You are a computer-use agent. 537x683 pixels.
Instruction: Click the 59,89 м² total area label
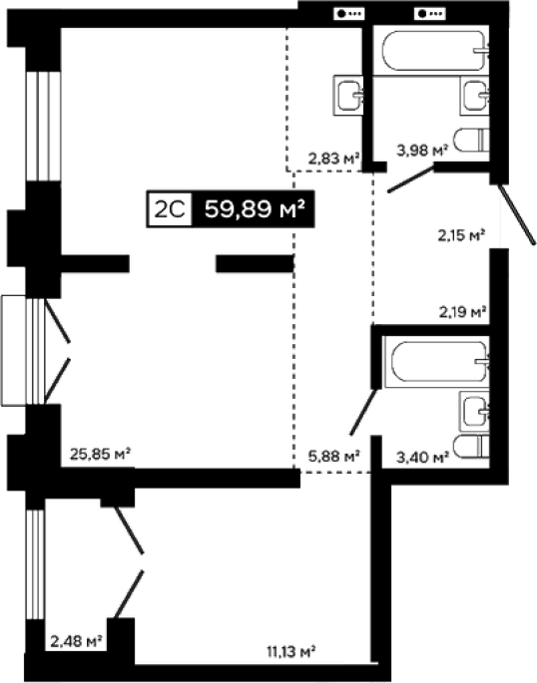(255, 209)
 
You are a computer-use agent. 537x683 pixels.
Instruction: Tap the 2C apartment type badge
(170, 209)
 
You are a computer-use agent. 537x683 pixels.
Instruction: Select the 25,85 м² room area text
(100, 455)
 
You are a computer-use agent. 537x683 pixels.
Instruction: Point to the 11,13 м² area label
(290, 652)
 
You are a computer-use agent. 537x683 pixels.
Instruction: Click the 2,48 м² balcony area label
(76, 641)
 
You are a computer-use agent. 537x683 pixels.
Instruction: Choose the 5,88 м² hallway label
(334, 457)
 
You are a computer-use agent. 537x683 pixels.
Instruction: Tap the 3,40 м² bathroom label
(422, 458)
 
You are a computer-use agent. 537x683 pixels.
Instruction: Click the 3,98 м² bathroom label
(422, 151)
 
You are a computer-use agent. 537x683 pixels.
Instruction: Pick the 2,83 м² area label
(334, 159)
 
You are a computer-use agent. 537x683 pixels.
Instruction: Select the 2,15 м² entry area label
(461, 235)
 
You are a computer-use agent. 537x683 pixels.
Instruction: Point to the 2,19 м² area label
(462, 312)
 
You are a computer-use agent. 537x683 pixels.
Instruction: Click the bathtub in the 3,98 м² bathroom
(435, 50)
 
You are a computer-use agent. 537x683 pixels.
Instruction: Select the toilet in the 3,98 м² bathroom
(471, 140)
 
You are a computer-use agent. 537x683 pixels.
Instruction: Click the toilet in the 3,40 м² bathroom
(471, 446)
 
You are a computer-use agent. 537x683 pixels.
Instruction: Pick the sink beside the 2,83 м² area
(348, 96)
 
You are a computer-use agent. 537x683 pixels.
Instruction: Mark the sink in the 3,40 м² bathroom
(474, 411)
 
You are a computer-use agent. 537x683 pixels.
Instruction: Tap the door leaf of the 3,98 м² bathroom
(410, 178)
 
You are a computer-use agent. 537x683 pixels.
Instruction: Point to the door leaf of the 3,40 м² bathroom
(363, 412)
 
